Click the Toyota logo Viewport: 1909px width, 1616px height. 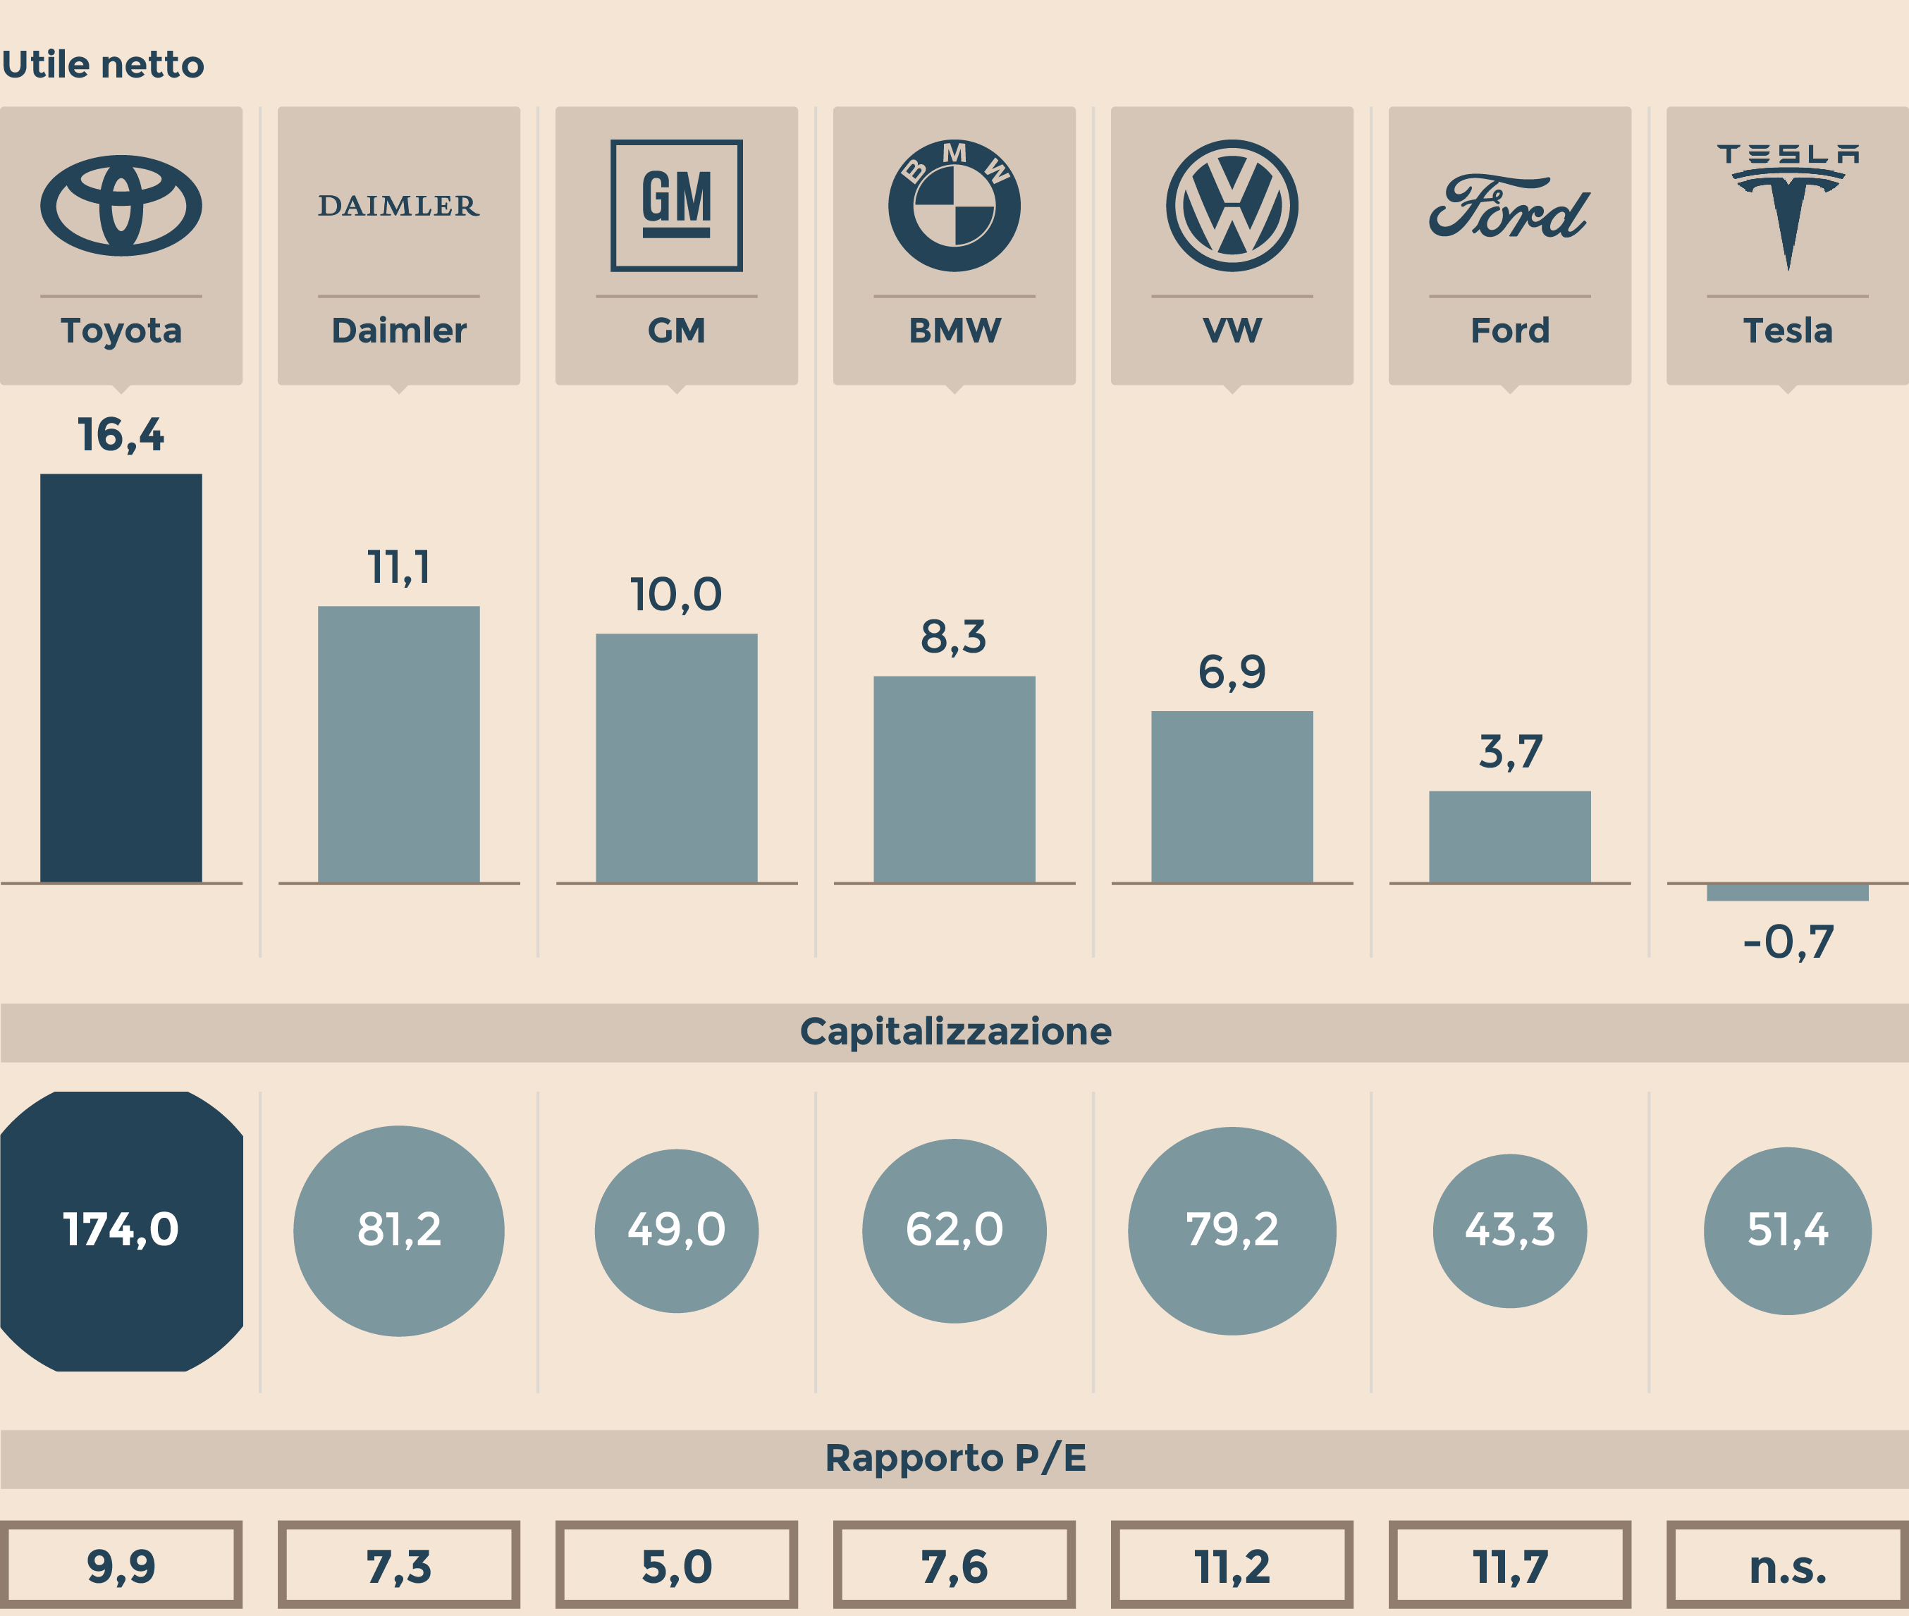[x=121, y=205]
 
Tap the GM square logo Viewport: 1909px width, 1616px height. [x=676, y=205]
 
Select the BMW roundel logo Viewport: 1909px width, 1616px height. [x=954, y=205]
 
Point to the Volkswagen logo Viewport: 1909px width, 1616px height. [x=1232, y=205]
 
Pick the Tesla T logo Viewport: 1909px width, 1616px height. [x=1787, y=206]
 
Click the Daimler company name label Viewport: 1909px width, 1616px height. [x=399, y=330]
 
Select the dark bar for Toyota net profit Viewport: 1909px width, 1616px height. [x=121, y=678]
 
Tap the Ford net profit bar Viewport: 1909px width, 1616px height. [x=1509, y=837]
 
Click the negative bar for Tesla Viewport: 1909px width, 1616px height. [x=1787, y=892]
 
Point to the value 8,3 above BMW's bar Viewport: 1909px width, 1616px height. [x=954, y=636]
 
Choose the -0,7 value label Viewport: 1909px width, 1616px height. [x=1787, y=942]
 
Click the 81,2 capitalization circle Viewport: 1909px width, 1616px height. [x=399, y=1230]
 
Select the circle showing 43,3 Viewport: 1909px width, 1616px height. [x=1509, y=1230]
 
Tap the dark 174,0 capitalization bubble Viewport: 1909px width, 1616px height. [x=121, y=1230]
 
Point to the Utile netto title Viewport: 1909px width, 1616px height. [x=103, y=65]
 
